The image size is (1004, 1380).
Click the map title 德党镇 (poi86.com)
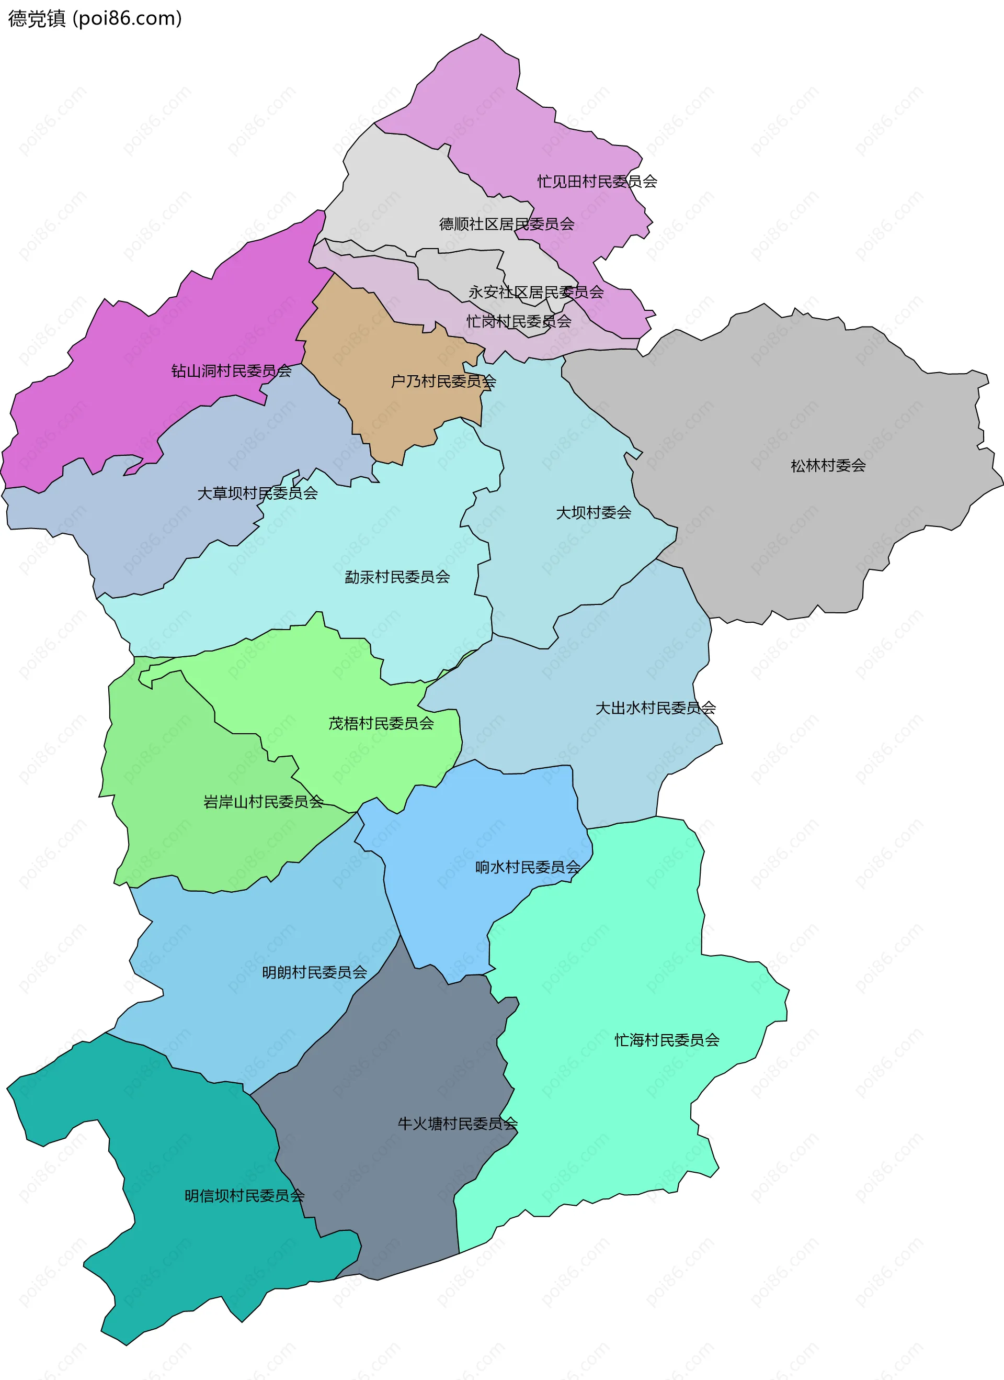pos(95,18)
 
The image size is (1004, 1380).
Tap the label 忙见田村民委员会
pos(597,181)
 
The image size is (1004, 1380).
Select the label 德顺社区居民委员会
pos(507,224)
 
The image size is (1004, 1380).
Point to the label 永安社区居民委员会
pos(536,292)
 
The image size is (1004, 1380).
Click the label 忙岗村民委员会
pos(519,321)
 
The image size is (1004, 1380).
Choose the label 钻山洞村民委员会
pos(231,371)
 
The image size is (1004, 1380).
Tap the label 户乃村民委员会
pos(443,382)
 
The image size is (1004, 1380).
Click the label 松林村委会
pos(828,465)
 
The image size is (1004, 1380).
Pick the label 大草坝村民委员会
pos(257,493)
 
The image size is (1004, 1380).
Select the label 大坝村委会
pos(594,512)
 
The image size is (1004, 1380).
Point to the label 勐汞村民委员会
pos(397,577)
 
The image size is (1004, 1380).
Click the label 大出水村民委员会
pos(656,708)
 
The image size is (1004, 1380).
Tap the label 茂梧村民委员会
pos(381,723)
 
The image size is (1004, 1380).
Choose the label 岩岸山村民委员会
pos(264,801)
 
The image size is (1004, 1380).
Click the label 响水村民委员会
pos(528,867)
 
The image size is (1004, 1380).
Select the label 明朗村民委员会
pos(314,972)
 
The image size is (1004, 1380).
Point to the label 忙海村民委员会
pos(667,1040)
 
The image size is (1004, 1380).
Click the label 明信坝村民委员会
pos(244,1196)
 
